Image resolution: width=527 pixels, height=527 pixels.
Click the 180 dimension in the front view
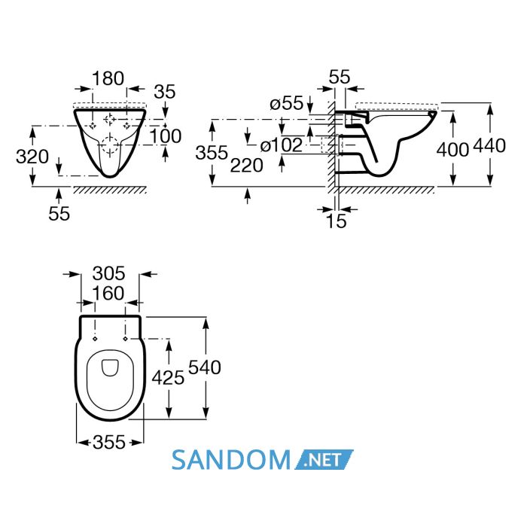coord(108,78)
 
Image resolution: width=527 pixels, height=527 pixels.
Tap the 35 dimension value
coord(165,92)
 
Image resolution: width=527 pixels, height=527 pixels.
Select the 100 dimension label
coord(166,136)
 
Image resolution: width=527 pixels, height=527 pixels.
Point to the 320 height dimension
coord(32,157)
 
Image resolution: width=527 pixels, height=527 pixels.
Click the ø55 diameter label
coord(287,103)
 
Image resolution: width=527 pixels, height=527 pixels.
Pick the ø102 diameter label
coord(282,145)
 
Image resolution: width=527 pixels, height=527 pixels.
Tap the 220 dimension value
coord(247,166)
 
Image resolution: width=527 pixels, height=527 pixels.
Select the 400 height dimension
coord(452,150)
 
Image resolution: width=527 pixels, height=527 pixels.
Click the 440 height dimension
coord(489,146)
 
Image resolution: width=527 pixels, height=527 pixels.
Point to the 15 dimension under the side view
coord(336,221)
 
